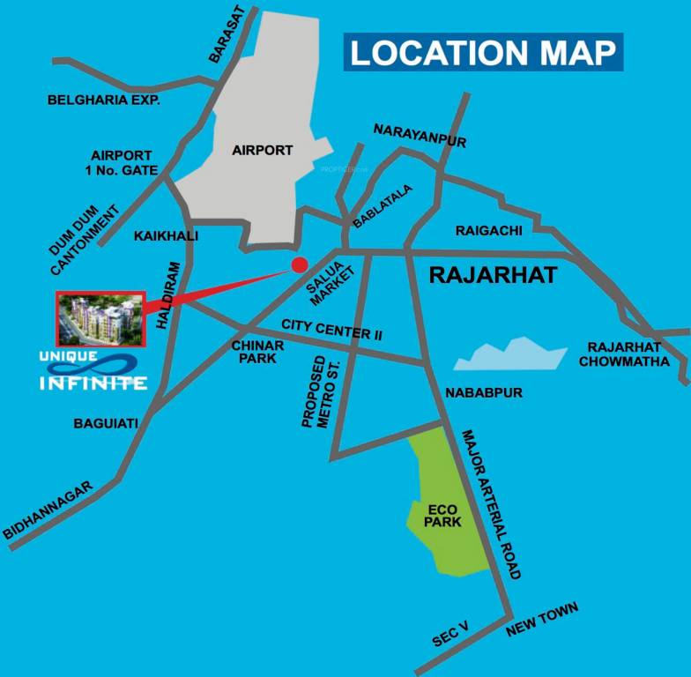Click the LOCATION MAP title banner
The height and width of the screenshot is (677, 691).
[483, 52]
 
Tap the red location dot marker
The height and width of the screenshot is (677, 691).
[300, 264]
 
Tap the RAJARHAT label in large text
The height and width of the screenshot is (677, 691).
[493, 276]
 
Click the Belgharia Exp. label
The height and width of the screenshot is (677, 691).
[103, 100]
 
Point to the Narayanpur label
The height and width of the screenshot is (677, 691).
[420, 135]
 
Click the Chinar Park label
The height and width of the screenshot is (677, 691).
[257, 352]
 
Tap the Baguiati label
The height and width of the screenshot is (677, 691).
[106, 424]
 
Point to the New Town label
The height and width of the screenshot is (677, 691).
[542, 620]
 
